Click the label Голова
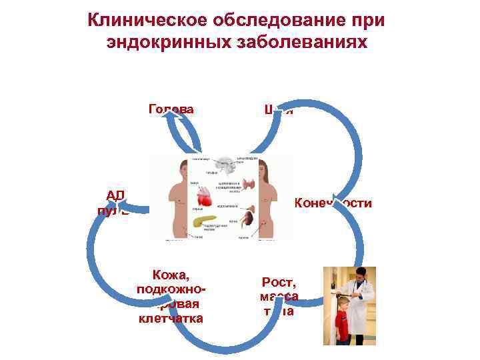click(171, 109)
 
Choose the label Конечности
click(332, 203)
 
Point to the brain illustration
click(223, 166)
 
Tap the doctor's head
click(359, 275)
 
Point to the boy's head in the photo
click(341, 302)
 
